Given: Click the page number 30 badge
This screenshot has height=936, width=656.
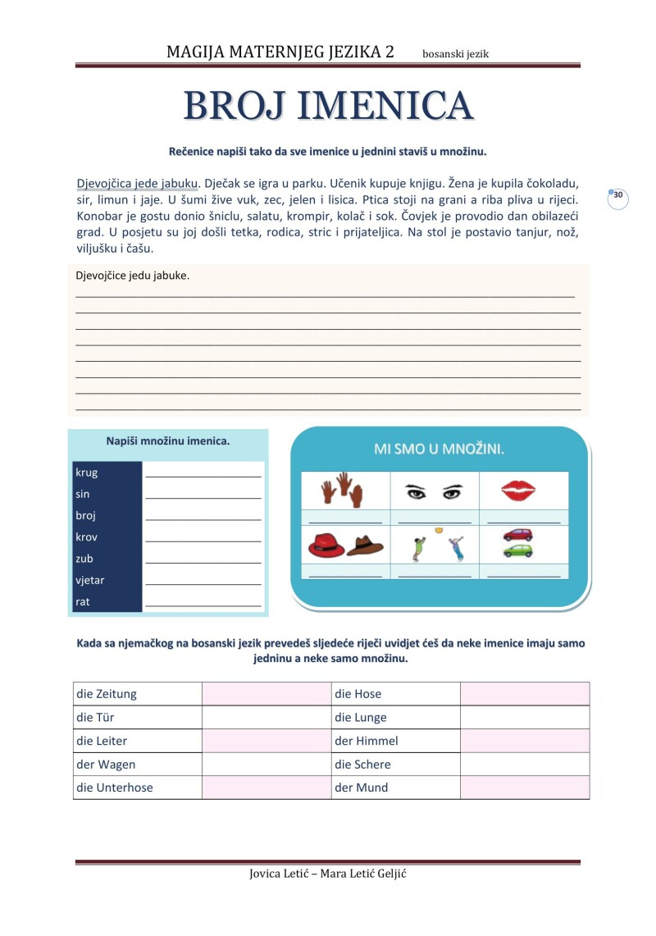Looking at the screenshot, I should [x=618, y=196].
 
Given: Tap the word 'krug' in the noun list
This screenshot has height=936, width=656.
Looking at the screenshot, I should [x=86, y=473].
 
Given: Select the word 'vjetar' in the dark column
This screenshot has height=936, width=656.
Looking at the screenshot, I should [x=90, y=580].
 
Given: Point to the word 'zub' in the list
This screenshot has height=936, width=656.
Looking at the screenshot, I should [x=84, y=559].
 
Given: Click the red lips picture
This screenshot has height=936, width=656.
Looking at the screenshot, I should [x=518, y=491].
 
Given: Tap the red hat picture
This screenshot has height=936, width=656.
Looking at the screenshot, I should [x=327, y=544].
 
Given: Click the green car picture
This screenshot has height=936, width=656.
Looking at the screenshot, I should [x=517, y=550].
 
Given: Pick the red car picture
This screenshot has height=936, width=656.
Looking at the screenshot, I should [x=517, y=534].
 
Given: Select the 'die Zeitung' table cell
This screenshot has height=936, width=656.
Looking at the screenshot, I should [x=137, y=694].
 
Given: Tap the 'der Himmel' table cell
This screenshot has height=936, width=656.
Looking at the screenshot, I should [x=395, y=741].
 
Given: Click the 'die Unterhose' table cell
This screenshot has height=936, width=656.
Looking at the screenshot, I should [x=137, y=788].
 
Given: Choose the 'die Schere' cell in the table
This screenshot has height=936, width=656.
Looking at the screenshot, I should [x=395, y=765].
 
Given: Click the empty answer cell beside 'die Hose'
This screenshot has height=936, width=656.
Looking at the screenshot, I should [x=525, y=694].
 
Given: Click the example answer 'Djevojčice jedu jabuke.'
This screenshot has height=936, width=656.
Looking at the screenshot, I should [x=133, y=276].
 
